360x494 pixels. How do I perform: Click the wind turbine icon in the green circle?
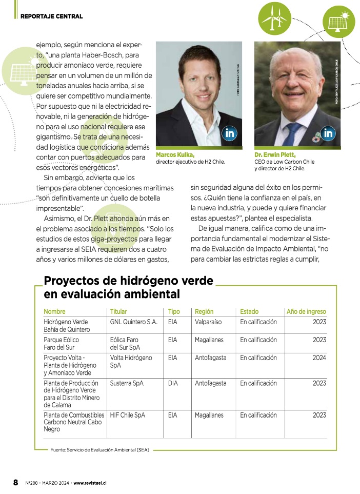pos(273,18)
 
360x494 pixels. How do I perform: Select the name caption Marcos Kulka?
pos(175,154)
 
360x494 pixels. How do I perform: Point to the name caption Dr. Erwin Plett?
pos(275,154)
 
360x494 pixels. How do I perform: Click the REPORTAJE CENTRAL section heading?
pos(51,16)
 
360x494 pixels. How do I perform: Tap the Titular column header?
pos(118,311)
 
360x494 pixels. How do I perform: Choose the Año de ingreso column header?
pos(306,311)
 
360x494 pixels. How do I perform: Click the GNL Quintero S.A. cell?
pos(134,322)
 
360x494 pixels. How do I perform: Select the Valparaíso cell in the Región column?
pos(208,322)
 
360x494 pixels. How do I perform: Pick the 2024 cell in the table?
pos(319,358)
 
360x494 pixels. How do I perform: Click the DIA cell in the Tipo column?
pos(173,383)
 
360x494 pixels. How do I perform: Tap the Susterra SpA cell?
pos(127,383)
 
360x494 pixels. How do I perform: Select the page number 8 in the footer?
pos(15,482)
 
